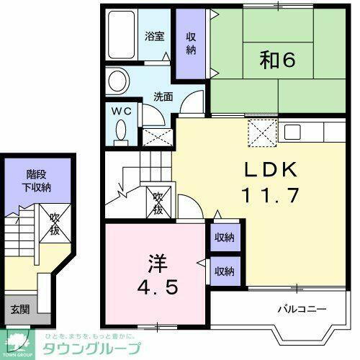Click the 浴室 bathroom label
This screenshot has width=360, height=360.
tap(154, 35)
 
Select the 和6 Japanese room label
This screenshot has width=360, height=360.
tap(277, 62)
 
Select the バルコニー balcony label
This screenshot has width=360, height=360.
tap(302, 310)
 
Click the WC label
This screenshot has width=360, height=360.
tap(120, 111)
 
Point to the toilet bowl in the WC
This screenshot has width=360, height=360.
tap(120, 131)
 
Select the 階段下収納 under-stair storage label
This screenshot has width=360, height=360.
tap(38, 180)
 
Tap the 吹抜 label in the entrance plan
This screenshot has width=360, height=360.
tap(55, 225)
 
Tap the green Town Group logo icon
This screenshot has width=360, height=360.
tap(19, 338)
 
